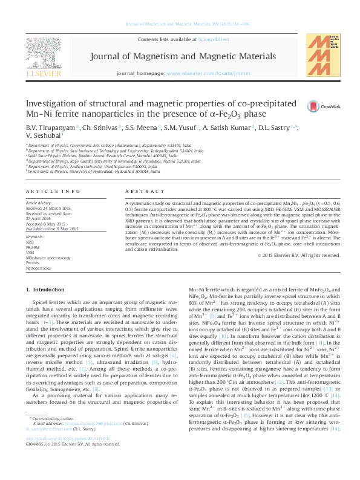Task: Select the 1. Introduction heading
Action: [x=48, y=291]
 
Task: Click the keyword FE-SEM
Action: [x=33, y=248]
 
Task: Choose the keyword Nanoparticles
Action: [x=39, y=267]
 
